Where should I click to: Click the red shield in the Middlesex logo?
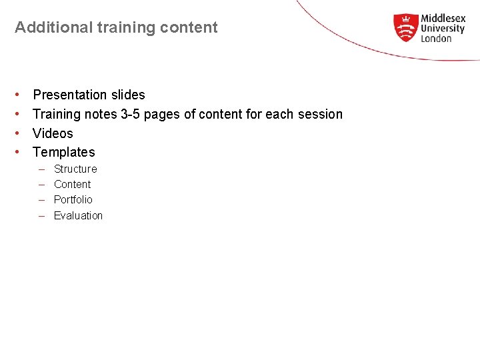(x=405, y=28)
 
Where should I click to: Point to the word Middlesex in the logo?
(x=443, y=19)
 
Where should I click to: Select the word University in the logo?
(x=443, y=29)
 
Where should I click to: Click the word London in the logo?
(x=436, y=39)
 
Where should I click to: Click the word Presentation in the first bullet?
(x=70, y=95)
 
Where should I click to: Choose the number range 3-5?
(x=130, y=114)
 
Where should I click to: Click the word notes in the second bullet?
(x=100, y=114)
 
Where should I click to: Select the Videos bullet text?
(x=53, y=133)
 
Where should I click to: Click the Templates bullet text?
(x=64, y=152)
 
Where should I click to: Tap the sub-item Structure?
(x=75, y=169)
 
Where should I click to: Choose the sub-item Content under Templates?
(x=72, y=184)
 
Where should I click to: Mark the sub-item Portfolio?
(x=73, y=199)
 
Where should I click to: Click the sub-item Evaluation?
(x=78, y=215)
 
